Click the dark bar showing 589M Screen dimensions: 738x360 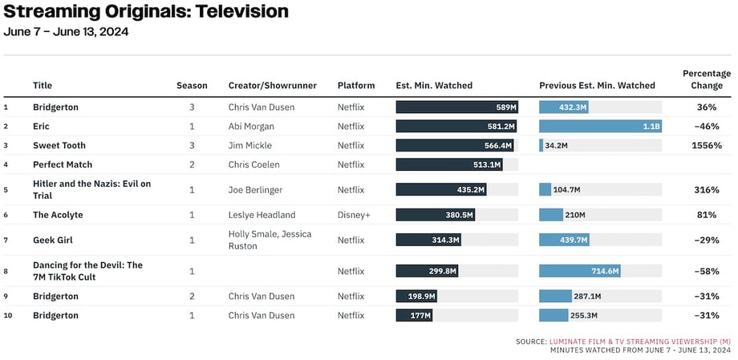(457, 107)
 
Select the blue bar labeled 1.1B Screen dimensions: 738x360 (601, 126)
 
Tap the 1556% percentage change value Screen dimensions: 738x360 (707, 145)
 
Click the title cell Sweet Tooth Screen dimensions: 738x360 (59, 145)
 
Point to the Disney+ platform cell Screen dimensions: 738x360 (354, 215)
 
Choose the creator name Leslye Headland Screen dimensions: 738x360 (262, 215)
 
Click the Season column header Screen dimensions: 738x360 (192, 86)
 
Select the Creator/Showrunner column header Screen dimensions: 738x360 (273, 86)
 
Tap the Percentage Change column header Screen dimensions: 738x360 (707, 79)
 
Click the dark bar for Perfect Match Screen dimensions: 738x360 (449, 164)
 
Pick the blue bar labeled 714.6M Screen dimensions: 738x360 (580, 271)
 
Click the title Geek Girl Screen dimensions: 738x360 (53, 240)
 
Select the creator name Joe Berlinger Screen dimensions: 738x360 (256, 190)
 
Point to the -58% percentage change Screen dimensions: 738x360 (707, 272)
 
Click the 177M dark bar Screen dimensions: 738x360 (414, 315)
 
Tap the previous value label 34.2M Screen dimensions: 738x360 (557, 145)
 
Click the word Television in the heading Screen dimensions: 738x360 (242, 11)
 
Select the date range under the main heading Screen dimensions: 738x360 (66, 32)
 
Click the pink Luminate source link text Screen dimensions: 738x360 (639, 342)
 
